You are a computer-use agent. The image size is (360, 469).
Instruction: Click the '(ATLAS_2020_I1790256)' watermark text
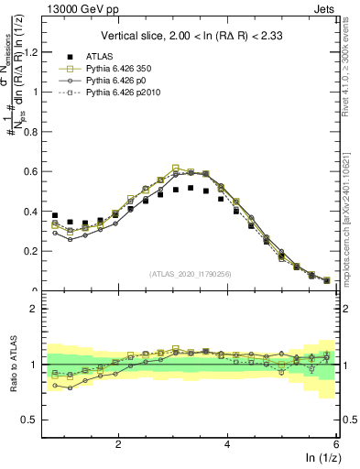[x=190, y=274]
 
